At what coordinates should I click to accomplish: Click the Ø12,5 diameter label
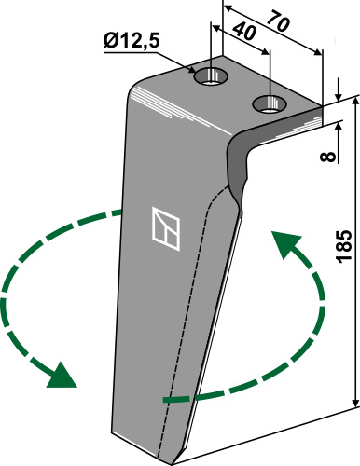click(x=132, y=41)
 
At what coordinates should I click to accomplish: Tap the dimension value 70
click(x=278, y=21)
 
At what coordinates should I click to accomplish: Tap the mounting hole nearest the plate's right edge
click(x=270, y=103)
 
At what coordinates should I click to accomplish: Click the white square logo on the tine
click(x=166, y=228)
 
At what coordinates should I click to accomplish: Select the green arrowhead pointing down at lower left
click(x=62, y=376)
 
